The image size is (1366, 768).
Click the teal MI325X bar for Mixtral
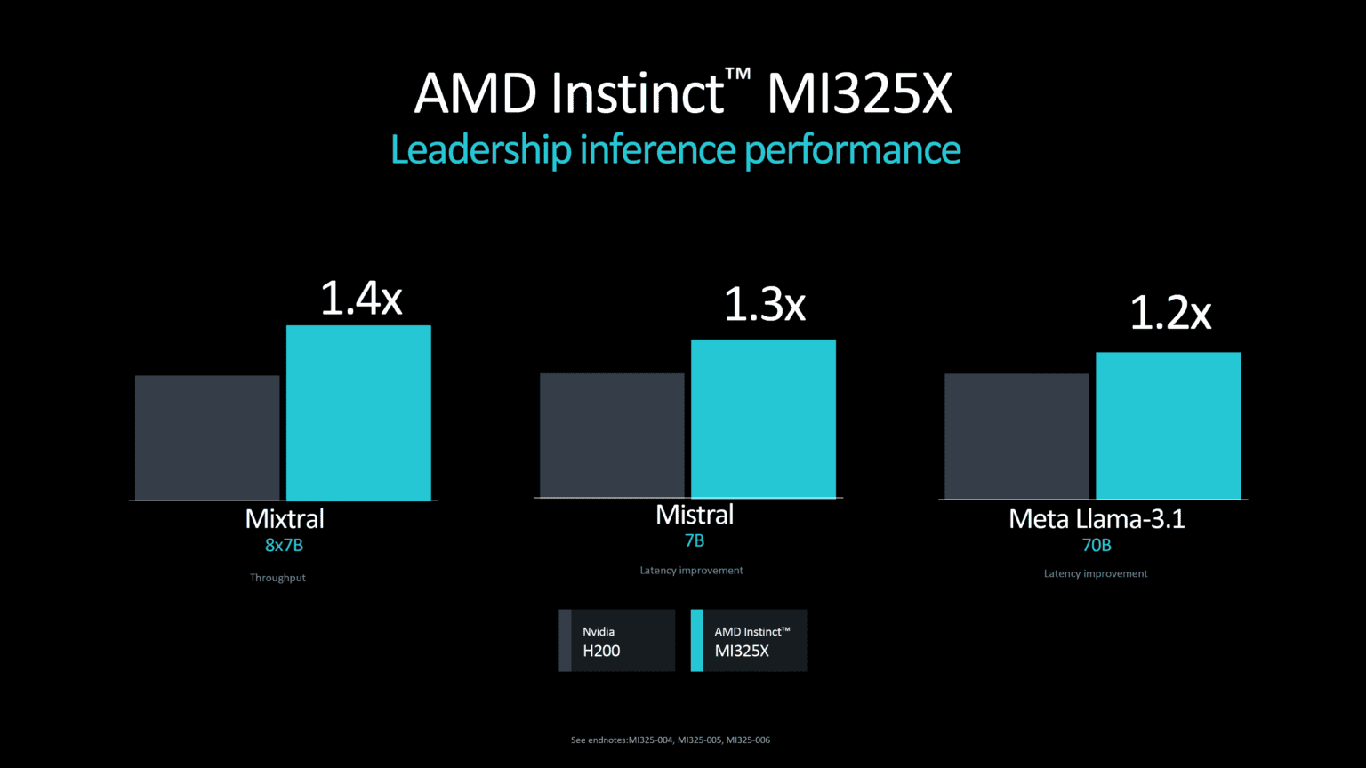[358, 412]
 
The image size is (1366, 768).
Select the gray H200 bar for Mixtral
[207, 437]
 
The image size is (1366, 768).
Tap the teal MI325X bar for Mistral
[763, 419]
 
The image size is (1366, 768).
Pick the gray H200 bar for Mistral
[612, 436]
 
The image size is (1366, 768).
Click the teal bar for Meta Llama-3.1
[1168, 426]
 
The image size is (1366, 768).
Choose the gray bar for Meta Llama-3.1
[1016, 436]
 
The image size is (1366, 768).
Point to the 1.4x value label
[361, 299]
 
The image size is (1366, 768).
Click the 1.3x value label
[764, 305]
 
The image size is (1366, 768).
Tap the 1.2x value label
[1170, 314]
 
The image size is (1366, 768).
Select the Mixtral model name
[285, 519]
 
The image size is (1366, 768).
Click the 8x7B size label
[284, 546]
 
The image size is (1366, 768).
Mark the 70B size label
[1096, 546]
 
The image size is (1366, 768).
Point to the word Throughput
[277, 578]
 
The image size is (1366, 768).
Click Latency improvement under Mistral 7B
[691, 571]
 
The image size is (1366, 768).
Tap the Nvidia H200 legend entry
[616, 641]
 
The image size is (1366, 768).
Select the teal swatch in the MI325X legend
[696, 641]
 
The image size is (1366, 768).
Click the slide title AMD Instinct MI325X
[683, 93]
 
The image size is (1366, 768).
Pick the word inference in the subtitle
[657, 149]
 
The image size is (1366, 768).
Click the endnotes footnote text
[670, 740]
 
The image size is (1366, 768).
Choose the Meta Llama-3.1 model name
[1097, 519]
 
